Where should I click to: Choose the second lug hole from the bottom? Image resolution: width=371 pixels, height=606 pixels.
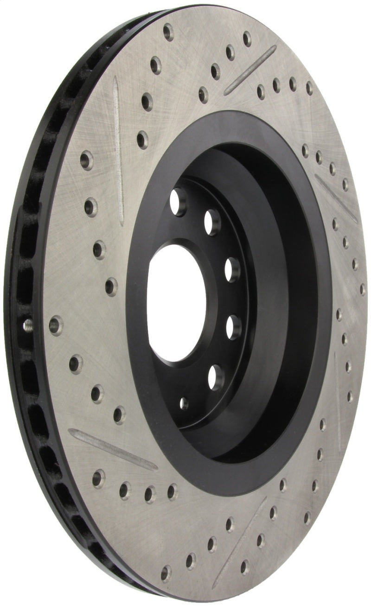(233, 327)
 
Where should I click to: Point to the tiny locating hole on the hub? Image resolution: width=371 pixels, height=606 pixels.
(184, 403)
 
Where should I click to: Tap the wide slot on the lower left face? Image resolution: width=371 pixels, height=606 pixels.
(111, 447)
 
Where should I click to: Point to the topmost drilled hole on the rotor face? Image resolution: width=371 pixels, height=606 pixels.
(168, 31)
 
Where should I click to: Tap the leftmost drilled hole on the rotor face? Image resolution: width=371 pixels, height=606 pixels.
(56, 325)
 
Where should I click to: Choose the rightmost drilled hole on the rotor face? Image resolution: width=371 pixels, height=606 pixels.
(363, 289)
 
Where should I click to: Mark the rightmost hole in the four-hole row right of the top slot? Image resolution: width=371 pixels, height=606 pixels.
(309, 88)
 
